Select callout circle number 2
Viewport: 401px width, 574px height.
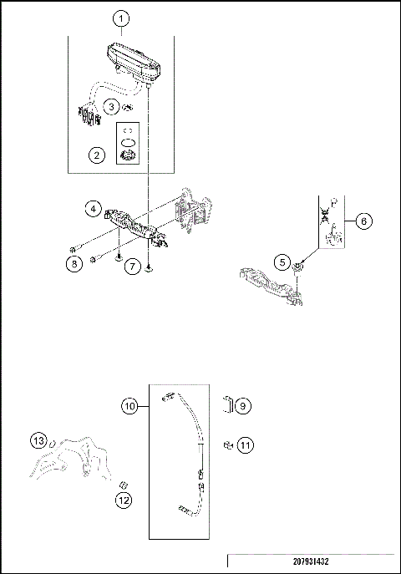tap(97, 155)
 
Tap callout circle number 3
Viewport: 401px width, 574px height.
tap(110, 107)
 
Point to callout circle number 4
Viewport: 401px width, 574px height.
tap(96, 207)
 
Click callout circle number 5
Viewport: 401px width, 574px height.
tap(283, 262)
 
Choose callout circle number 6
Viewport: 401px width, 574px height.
tap(364, 221)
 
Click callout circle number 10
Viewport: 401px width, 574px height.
tap(129, 405)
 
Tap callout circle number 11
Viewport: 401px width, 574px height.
tap(243, 444)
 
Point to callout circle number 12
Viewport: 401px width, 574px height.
tap(123, 500)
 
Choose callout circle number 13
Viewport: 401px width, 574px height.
tap(38, 440)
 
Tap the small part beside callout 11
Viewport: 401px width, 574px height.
tap(226, 444)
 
